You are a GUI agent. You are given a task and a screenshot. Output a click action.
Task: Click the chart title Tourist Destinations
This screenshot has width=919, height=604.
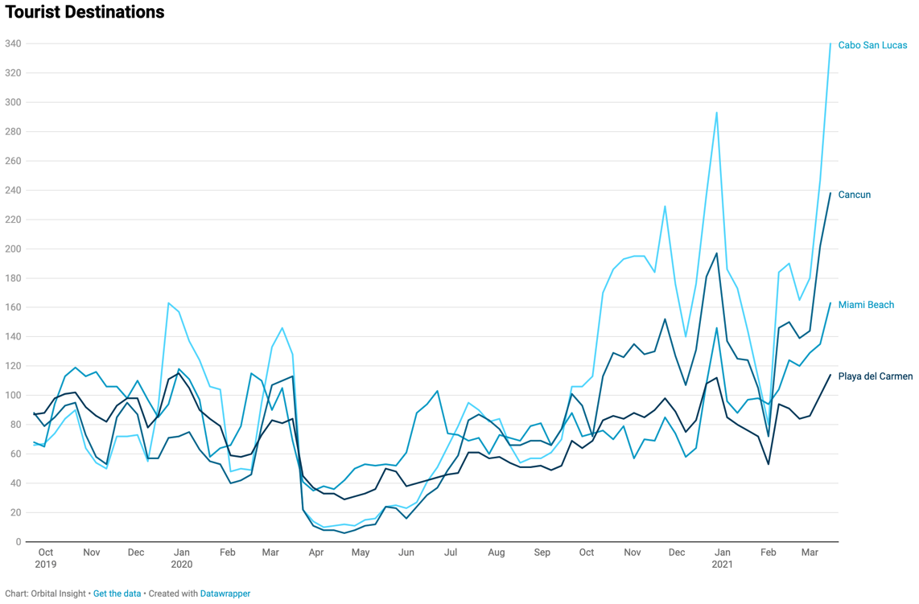tap(84, 12)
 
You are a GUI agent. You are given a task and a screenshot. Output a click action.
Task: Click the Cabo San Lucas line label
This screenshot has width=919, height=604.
tap(872, 45)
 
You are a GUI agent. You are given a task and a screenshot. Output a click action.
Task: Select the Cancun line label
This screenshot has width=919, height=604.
tap(854, 195)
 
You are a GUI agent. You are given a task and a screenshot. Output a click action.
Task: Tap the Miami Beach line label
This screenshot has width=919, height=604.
tap(866, 305)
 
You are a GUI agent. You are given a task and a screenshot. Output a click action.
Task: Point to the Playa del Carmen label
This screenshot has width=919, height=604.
tap(875, 376)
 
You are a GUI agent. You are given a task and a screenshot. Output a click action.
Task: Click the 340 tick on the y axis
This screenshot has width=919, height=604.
tap(13, 43)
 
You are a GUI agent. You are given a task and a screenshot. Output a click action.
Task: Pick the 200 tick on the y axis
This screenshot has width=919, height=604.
tap(13, 249)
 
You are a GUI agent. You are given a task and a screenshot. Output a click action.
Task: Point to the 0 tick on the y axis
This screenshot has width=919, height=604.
tap(18, 542)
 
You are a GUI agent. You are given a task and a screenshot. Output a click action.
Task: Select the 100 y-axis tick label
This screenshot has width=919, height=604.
tap(13, 395)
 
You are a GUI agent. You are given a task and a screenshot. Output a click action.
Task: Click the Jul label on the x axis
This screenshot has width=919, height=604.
tap(451, 553)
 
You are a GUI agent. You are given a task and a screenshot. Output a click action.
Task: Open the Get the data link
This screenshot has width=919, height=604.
tap(117, 594)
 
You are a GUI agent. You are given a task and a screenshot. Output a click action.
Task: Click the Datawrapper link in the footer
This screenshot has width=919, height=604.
tap(225, 594)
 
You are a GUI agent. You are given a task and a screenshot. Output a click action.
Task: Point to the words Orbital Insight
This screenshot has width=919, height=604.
tap(60, 594)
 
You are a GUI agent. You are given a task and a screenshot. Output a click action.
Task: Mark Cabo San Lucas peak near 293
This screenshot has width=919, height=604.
tap(716, 113)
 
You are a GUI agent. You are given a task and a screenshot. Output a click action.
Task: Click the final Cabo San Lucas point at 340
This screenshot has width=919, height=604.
tap(830, 43)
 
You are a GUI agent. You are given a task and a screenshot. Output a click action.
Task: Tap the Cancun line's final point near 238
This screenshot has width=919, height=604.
tap(830, 193)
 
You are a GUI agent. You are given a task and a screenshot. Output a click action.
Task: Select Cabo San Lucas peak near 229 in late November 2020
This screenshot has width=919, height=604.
tap(665, 206)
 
